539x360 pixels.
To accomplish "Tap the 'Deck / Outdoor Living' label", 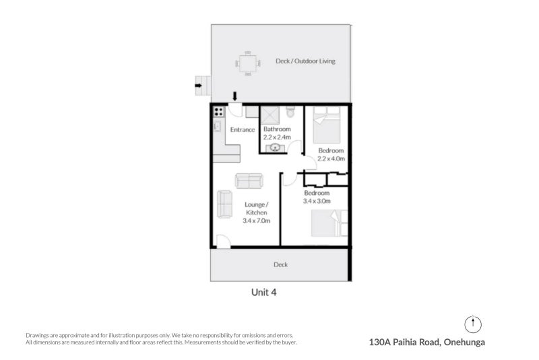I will pos(305,61).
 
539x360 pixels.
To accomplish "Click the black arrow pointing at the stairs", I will pos(198,85).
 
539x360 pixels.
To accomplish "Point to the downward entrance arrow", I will pos(234,98).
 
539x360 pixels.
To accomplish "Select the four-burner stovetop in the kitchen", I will pos(218,112).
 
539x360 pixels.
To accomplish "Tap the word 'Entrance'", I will pos(242,129).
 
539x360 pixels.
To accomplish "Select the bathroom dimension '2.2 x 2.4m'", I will pos(276,137).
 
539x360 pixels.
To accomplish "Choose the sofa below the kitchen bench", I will pos(249,181).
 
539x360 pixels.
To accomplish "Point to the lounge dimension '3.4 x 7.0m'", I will pos(256,220).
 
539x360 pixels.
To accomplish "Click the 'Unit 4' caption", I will pos(263,293).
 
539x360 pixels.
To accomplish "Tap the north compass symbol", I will pos(474,323).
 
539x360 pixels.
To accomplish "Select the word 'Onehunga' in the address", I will pos(464,342).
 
